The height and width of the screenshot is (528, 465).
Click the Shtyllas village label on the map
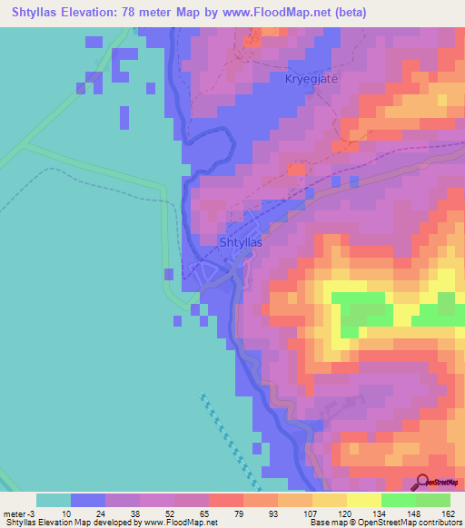click(x=242, y=243)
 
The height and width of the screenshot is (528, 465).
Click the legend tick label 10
click(x=67, y=513)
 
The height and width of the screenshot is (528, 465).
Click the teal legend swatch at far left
click(x=53, y=500)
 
